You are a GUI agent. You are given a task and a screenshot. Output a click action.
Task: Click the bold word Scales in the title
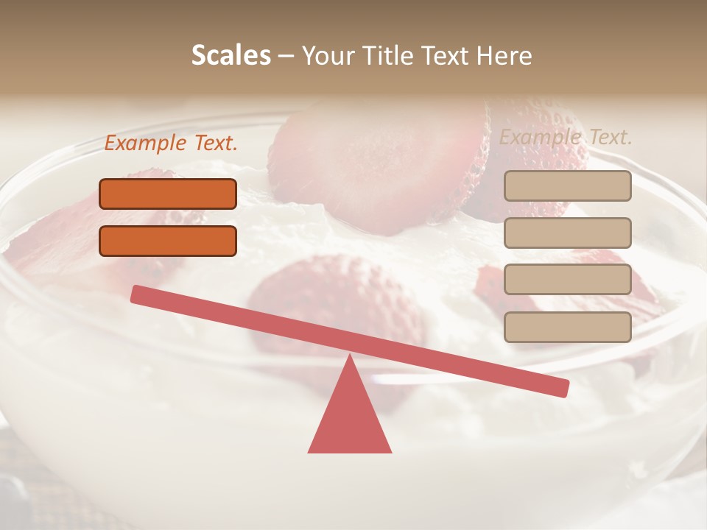231,55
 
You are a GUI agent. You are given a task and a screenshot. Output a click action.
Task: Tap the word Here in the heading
504,55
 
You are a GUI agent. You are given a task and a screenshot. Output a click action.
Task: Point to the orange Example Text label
171,144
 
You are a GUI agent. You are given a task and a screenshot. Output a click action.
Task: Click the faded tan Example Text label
566,137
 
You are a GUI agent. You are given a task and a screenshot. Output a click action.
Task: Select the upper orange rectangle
168,194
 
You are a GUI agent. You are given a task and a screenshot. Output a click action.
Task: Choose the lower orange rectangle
168,241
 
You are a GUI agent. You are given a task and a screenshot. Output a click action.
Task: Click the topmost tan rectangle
567,185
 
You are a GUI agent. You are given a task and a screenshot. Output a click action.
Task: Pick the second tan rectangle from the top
567,233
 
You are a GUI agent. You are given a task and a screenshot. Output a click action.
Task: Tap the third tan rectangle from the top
567,280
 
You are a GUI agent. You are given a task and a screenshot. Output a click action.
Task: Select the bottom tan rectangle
567,327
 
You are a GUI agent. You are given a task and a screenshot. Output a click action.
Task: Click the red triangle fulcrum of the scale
350,420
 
